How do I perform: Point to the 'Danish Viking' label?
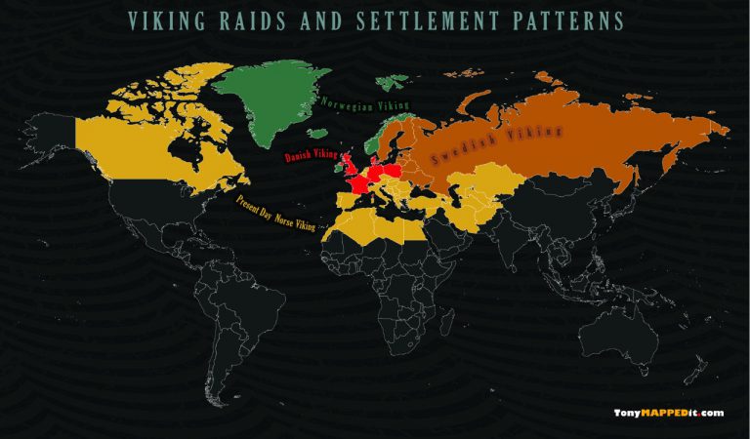point(310,158)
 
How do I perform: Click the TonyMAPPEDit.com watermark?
point(668,413)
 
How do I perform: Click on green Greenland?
point(272,94)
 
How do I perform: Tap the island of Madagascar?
point(449,329)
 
